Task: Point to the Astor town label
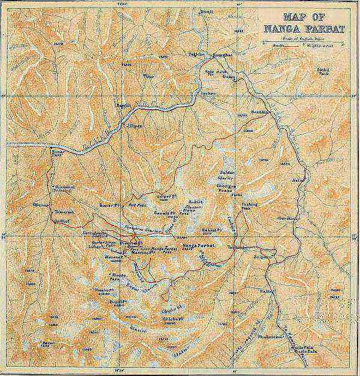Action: [x=296, y=179]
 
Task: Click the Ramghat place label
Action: [x=217, y=55]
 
